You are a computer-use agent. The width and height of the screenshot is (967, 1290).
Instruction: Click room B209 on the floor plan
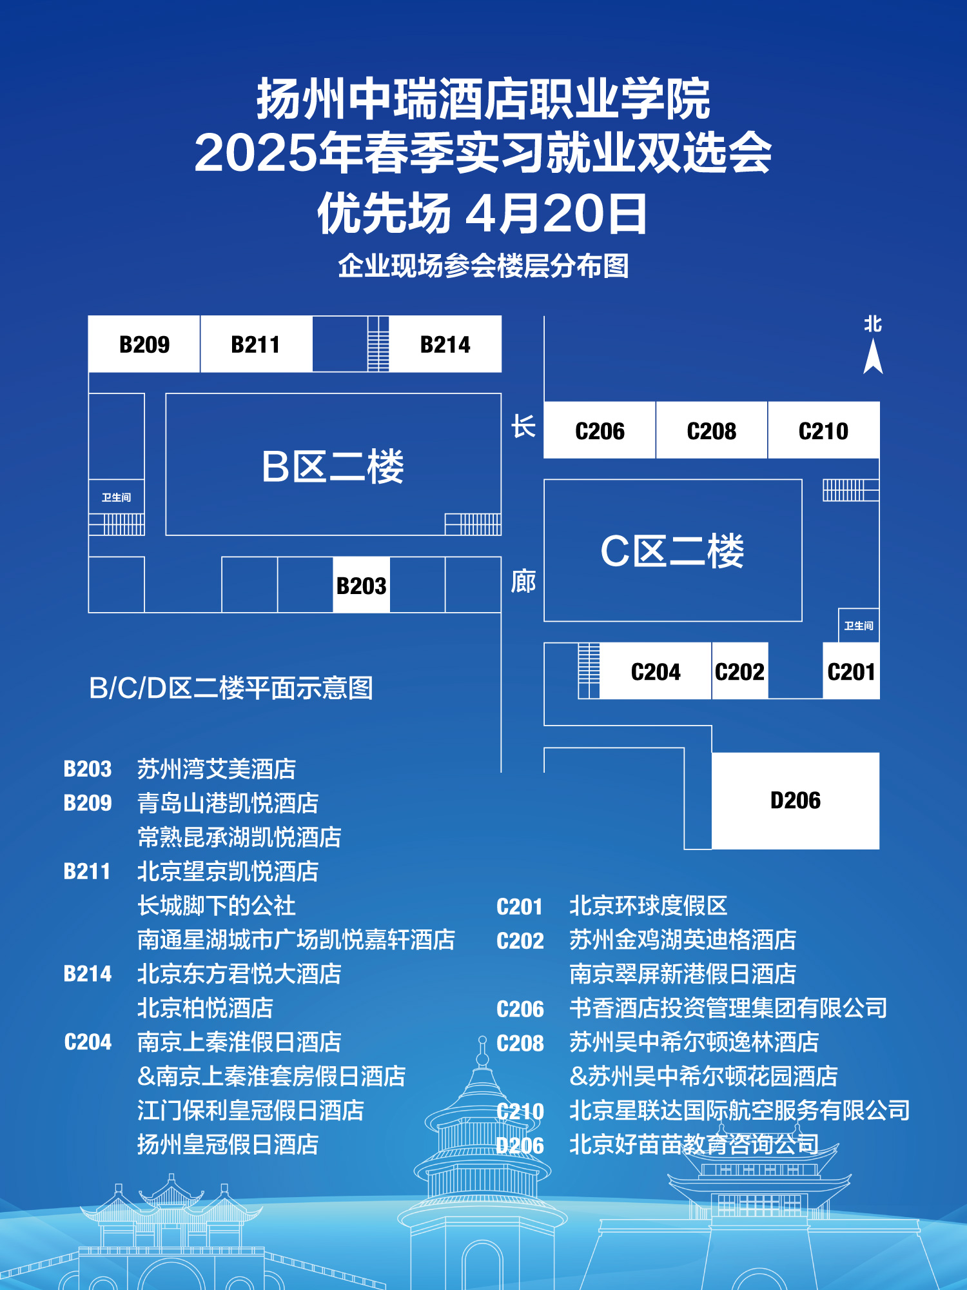tap(144, 344)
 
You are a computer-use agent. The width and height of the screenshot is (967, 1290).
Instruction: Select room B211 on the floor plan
tap(255, 344)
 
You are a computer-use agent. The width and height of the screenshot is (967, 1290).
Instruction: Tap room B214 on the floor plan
tap(445, 344)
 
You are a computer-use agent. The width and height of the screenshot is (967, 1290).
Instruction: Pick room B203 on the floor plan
tap(361, 586)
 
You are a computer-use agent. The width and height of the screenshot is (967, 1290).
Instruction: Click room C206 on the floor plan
tap(600, 431)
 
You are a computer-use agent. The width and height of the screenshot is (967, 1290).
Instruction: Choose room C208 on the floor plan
tap(711, 431)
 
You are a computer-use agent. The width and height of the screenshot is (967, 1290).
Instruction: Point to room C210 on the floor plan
tap(823, 431)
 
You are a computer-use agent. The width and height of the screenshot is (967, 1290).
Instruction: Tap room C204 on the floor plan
tap(656, 672)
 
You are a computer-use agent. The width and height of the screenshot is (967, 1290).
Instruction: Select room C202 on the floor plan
tap(739, 672)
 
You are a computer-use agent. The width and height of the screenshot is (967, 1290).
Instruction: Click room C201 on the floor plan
tap(851, 672)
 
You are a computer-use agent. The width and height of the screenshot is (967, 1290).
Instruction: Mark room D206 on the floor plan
tap(796, 800)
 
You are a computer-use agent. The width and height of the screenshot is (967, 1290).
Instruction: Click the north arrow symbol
tap(873, 357)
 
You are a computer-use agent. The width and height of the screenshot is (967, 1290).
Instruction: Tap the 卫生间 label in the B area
tap(116, 497)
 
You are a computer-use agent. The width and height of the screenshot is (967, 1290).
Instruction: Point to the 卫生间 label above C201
tap(859, 626)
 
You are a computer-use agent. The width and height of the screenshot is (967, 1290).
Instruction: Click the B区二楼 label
tap(333, 466)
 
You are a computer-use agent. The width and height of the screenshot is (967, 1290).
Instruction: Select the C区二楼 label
tap(672, 551)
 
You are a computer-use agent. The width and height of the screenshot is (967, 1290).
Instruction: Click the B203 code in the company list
tap(88, 769)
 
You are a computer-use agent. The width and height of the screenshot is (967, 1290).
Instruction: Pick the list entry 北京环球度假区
tap(648, 906)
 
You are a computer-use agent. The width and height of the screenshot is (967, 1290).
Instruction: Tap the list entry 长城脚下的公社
tap(216, 906)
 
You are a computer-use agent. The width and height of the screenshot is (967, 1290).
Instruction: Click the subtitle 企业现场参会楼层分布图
tap(484, 266)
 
